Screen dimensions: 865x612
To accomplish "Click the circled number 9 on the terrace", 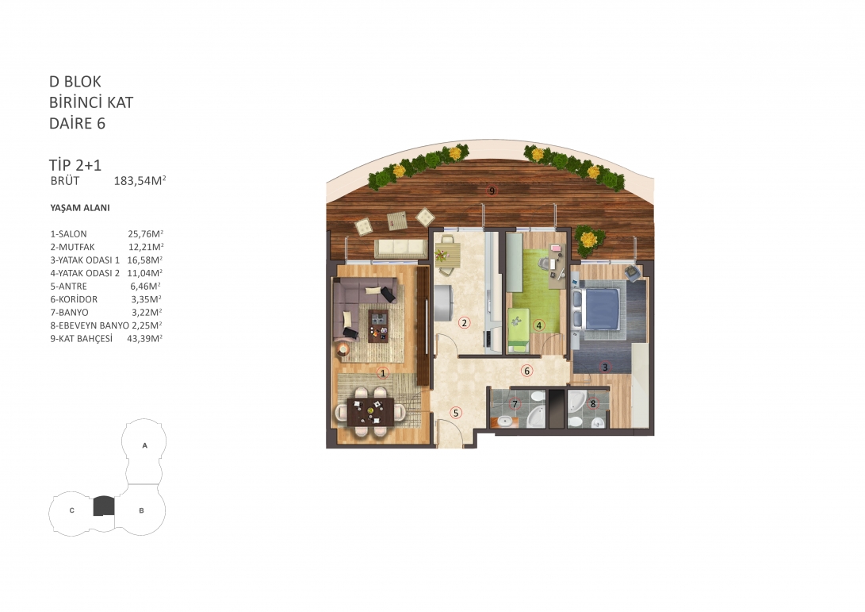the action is [x=492, y=191].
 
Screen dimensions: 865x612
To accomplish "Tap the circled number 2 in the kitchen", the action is [x=465, y=322].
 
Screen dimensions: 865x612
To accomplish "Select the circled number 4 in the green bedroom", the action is [x=539, y=325].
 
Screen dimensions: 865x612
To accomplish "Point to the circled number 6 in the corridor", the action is [x=526, y=371].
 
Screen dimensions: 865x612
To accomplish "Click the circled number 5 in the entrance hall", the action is [x=456, y=413].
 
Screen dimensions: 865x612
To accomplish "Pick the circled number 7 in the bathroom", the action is [x=515, y=404].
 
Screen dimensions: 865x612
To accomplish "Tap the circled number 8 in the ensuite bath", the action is [x=593, y=404].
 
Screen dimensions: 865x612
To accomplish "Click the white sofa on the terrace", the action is [x=400, y=248].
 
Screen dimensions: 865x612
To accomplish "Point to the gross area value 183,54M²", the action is [x=140, y=181].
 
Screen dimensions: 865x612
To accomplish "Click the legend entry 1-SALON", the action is [x=68, y=234].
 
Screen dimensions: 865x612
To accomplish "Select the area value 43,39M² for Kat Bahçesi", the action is [x=145, y=339].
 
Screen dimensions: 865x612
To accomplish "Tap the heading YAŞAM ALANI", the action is [x=80, y=208].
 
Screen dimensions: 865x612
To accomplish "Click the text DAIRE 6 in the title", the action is [x=77, y=123].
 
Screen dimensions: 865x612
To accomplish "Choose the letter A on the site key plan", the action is [x=144, y=445].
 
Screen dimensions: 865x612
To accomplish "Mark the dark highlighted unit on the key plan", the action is [x=104, y=506].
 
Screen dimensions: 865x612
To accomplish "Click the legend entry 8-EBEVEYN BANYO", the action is [x=90, y=326].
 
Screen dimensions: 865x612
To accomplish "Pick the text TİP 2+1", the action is [x=75, y=164].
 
